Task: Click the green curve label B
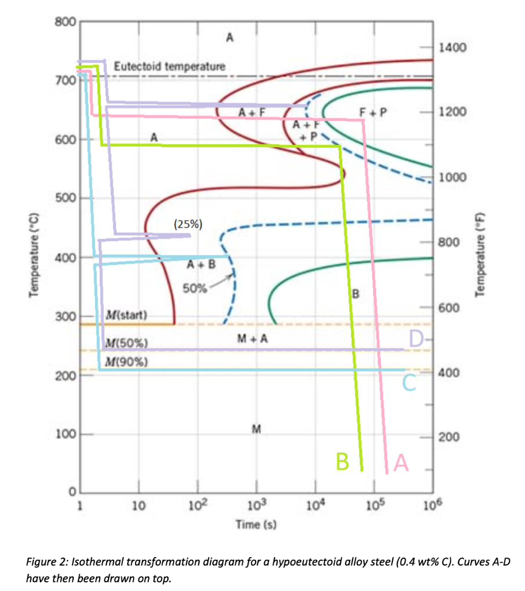click(343, 462)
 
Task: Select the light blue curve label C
click(409, 382)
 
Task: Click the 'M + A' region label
click(253, 339)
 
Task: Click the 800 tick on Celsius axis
click(65, 23)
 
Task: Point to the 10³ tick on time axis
click(256, 507)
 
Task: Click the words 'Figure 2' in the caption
click(48, 562)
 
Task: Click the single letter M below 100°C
click(256, 429)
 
